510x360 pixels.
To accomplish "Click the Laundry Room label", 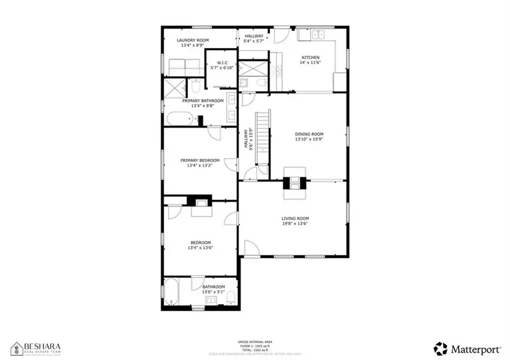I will point(193,40).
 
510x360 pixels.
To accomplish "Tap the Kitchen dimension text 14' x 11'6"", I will point(310,63).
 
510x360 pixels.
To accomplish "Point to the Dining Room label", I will point(308,134).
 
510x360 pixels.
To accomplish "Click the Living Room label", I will point(295,218).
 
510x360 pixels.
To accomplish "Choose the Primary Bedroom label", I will point(200,160).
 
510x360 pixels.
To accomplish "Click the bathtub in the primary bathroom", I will point(179,119).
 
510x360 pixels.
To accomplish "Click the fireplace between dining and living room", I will point(295,183).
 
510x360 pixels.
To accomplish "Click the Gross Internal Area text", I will point(254,342).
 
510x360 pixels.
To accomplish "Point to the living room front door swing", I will point(252,248).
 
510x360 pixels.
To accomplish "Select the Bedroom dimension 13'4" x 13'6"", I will point(200,247).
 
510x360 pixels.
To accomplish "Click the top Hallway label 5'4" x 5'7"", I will point(253,38).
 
